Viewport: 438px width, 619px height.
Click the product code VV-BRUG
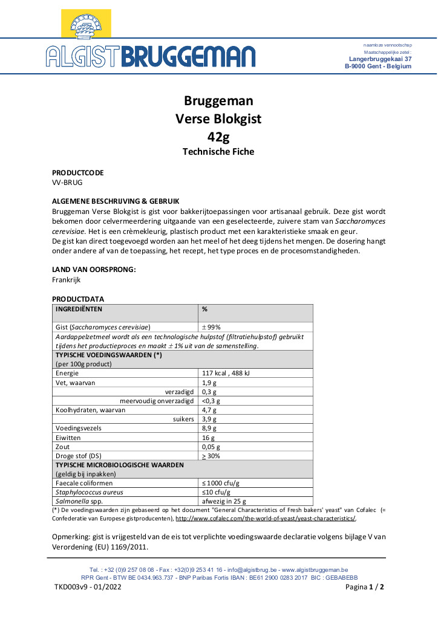click(x=67, y=182)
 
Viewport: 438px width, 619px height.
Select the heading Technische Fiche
click(x=218, y=152)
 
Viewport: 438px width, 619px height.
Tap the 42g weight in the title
click(x=218, y=136)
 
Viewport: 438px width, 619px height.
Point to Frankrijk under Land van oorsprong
click(x=67, y=280)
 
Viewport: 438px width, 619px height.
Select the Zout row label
click(x=63, y=446)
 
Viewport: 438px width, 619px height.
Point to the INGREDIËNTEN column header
click(x=79, y=309)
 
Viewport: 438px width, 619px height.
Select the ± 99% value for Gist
click(x=211, y=327)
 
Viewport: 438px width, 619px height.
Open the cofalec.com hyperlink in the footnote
click(x=265, y=519)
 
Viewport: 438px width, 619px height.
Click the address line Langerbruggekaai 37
click(x=381, y=59)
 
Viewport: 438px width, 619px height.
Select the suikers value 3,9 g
click(x=209, y=419)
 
